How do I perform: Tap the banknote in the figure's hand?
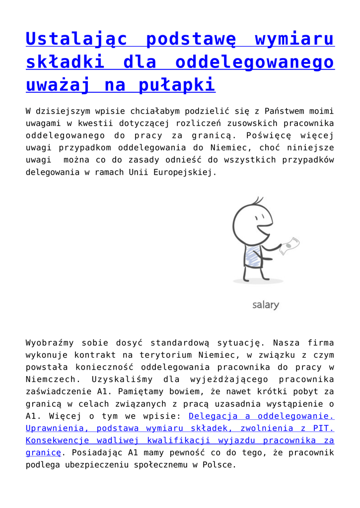[x=289, y=246]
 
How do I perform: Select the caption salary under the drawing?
[x=265, y=305]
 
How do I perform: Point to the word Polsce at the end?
[x=218, y=465]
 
